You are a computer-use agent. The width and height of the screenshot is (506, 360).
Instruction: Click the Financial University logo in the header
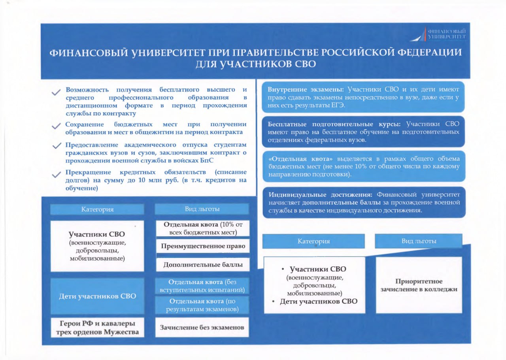[438, 34]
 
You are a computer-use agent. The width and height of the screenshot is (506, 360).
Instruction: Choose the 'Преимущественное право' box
[203, 246]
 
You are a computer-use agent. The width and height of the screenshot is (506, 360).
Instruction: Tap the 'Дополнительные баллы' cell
[203, 265]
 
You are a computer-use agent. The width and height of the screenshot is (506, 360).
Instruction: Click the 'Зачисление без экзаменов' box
[202, 327]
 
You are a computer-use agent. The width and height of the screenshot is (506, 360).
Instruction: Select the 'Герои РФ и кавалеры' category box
[97, 327]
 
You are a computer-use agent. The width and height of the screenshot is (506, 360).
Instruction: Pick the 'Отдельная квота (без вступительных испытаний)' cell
[202, 286]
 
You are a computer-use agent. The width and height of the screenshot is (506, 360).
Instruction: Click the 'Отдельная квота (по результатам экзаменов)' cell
[202, 305]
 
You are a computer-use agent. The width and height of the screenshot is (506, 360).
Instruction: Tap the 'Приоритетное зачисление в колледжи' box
[419, 285]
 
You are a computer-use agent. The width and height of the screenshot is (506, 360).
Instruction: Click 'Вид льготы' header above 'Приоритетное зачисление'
[419, 241]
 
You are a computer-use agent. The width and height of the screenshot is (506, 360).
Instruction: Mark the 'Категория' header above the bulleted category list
[313, 241]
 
